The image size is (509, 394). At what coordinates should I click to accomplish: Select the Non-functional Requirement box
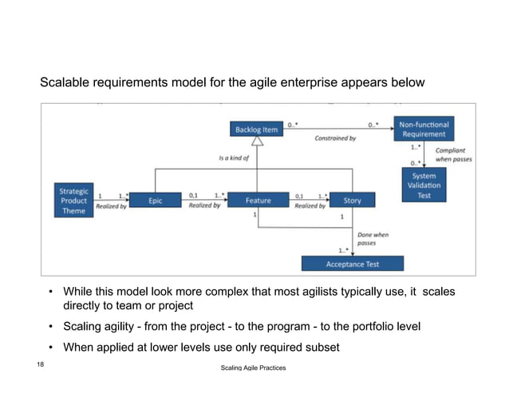click(424, 129)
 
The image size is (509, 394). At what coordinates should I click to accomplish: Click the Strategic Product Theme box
click(74, 201)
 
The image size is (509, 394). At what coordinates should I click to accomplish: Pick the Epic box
click(155, 201)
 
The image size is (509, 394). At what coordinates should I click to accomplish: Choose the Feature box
click(258, 201)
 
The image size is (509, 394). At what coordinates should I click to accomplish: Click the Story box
click(352, 201)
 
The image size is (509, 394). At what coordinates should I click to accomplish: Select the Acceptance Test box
click(352, 263)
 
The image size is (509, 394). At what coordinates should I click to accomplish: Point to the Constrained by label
click(335, 138)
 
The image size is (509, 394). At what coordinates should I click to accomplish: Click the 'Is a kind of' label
click(234, 158)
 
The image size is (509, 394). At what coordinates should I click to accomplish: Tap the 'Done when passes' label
click(373, 238)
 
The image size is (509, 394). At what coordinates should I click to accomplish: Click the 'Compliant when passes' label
click(453, 155)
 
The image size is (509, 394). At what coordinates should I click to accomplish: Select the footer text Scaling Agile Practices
click(253, 368)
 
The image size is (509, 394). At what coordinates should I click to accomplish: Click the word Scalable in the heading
click(66, 83)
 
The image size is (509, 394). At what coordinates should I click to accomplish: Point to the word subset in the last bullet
click(321, 347)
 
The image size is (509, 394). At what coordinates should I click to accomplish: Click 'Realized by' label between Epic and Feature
click(205, 206)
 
